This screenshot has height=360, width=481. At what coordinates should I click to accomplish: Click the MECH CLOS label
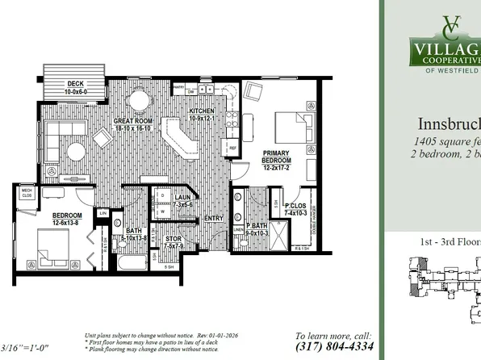point(27,192)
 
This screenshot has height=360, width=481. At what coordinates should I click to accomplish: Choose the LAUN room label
point(183,198)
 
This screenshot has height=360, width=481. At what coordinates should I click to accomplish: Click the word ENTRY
point(214,218)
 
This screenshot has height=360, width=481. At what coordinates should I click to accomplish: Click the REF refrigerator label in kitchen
point(232,149)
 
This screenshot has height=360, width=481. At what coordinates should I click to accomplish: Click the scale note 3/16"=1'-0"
point(26,348)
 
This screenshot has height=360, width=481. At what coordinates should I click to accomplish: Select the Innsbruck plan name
point(449,125)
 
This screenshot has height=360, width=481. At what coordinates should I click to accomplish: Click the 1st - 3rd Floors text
point(445,241)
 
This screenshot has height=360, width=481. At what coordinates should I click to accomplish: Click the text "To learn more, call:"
point(333,335)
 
